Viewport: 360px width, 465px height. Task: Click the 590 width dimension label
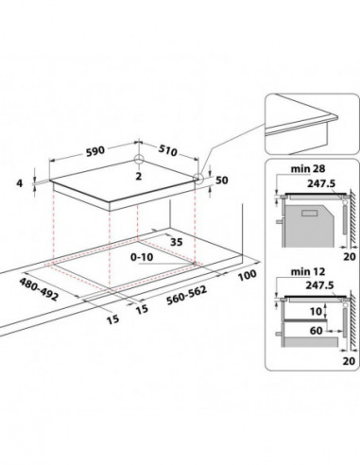[x=95, y=150]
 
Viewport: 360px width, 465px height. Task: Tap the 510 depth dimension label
[x=167, y=150]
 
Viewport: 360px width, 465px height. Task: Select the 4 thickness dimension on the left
[x=20, y=183]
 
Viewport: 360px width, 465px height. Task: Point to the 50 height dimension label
[x=221, y=181]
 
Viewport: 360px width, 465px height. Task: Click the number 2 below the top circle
[x=139, y=177]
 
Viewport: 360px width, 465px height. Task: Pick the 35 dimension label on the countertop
[x=177, y=242]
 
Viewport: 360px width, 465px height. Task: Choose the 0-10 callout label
[x=142, y=257]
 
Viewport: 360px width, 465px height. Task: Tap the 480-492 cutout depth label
[x=39, y=289]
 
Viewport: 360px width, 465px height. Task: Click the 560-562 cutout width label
[x=186, y=295]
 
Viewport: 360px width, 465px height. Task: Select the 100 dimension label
[x=247, y=275]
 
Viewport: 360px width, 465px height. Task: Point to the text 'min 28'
[x=308, y=169]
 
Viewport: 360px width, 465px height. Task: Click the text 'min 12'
[x=308, y=271]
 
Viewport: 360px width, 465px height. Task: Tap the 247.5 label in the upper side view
[x=321, y=183]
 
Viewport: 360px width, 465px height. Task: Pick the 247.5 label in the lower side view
[x=319, y=285]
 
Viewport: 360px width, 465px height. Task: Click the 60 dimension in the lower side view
[x=317, y=331]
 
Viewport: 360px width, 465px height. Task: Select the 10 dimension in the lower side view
[x=317, y=312]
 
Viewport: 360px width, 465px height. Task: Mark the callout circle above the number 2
[x=139, y=159]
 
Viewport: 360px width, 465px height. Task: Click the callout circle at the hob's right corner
[x=198, y=179]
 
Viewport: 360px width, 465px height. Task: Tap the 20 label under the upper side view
[x=350, y=256]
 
